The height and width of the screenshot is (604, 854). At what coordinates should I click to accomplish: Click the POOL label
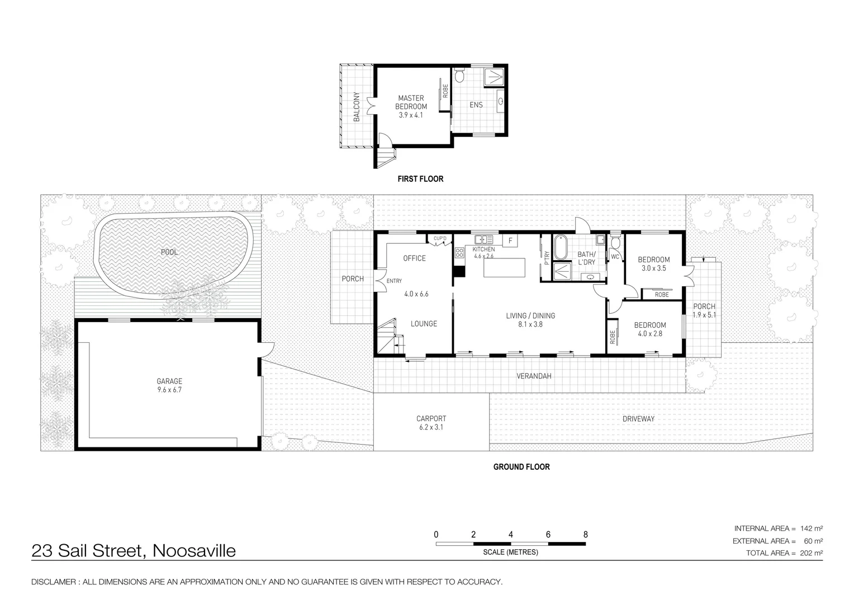[x=169, y=252]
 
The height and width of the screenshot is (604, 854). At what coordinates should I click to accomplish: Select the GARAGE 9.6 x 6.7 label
[x=169, y=385]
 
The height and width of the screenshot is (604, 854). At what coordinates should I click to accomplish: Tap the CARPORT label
[x=431, y=418]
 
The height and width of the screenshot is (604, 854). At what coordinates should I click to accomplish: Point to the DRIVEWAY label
[x=638, y=418]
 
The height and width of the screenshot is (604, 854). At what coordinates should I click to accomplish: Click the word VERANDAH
[x=533, y=376]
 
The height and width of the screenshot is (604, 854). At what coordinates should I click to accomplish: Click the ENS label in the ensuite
[x=476, y=105]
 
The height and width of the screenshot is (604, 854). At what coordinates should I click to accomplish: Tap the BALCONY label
[x=356, y=107]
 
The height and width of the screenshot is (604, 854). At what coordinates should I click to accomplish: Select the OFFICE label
[x=414, y=258]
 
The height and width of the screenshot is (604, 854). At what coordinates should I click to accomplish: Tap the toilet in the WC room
[x=615, y=243]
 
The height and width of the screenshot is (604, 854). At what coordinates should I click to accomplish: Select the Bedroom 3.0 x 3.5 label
[x=653, y=263]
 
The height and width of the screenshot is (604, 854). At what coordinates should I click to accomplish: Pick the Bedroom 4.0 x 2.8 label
[x=649, y=329]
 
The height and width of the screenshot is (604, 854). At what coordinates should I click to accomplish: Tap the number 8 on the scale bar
[x=585, y=535]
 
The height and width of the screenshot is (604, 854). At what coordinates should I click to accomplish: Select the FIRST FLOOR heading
[x=420, y=179]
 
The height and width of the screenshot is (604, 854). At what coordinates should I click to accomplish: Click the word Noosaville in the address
[x=194, y=551]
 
